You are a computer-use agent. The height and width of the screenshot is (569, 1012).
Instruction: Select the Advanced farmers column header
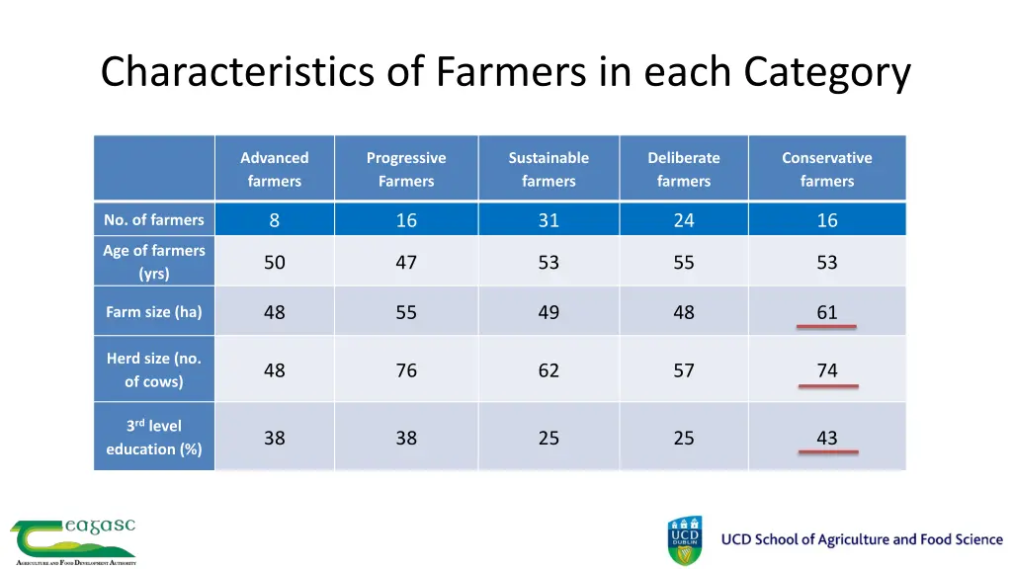click(x=274, y=169)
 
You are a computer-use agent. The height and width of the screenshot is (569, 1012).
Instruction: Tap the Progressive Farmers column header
click(x=406, y=169)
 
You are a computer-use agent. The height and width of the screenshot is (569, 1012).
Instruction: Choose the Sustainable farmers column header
click(x=548, y=169)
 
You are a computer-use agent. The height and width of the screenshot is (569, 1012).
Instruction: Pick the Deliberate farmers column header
click(x=684, y=169)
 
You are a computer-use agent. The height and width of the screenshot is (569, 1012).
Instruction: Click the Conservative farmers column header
click(x=827, y=169)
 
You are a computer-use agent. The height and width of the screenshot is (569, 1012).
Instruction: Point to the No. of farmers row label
click(x=154, y=219)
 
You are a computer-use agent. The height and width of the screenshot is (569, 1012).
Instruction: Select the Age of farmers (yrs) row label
click(x=154, y=262)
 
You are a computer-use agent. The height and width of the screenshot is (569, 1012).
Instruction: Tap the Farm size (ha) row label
click(x=154, y=312)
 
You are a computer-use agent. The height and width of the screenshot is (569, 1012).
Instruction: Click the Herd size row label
click(x=154, y=369)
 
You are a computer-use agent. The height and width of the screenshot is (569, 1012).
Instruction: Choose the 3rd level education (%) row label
click(x=154, y=437)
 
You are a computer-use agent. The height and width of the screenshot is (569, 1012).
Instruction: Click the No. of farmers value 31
click(x=548, y=220)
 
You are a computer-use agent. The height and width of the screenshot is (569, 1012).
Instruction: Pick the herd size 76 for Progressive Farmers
click(x=406, y=370)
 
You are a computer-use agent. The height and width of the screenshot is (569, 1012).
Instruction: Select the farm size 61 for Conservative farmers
click(x=827, y=312)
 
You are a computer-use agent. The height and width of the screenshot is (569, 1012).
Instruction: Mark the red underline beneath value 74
click(x=828, y=386)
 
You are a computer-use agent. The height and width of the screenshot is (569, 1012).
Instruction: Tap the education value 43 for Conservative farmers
click(x=827, y=438)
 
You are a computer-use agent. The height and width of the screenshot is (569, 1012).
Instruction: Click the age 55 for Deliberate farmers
click(x=684, y=263)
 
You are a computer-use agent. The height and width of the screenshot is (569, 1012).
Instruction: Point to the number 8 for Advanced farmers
click(x=275, y=220)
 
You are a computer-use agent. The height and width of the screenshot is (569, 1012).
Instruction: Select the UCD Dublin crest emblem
click(x=685, y=539)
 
